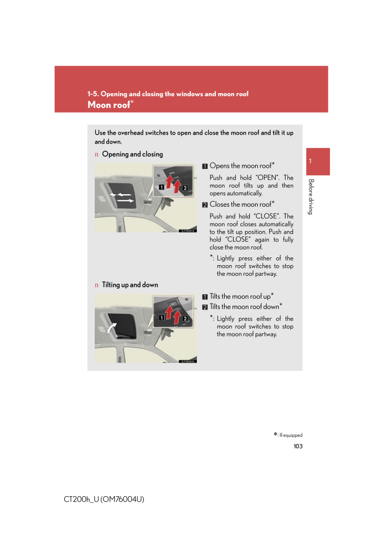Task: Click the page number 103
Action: coord(298,446)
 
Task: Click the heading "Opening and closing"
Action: coord(132,154)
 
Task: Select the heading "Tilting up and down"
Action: coord(129,285)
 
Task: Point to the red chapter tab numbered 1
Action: coord(316,162)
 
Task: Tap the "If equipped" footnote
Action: coord(288,435)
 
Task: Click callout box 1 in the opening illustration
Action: coord(158,187)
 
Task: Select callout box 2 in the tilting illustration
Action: coord(185,319)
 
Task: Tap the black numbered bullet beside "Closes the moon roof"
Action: coord(205,205)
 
